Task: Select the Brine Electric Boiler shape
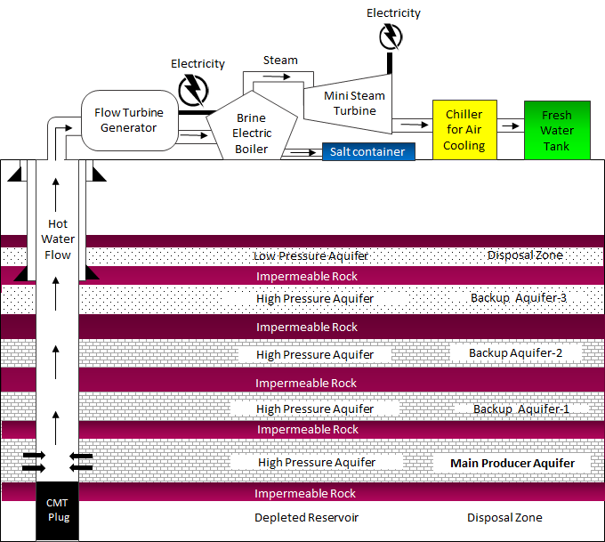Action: [251, 133]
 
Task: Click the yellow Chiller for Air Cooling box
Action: [464, 129]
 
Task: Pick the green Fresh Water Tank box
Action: [557, 130]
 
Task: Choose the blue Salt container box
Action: [368, 152]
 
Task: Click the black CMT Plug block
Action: [57, 511]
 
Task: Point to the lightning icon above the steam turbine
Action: [390, 36]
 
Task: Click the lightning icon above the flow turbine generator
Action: [191, 90]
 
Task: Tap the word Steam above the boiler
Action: [280, 61]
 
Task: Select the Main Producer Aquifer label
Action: [512, 463]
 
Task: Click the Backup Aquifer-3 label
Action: [519, 297]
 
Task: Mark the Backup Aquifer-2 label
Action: [516, 352]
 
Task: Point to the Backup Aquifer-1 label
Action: [520, 409]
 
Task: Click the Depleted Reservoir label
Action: [306, 517]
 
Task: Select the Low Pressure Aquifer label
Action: [311, 256]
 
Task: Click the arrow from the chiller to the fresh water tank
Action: [510, 125]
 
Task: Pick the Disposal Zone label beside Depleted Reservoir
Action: [504, 517]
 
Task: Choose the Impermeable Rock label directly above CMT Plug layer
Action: [305, 493]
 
